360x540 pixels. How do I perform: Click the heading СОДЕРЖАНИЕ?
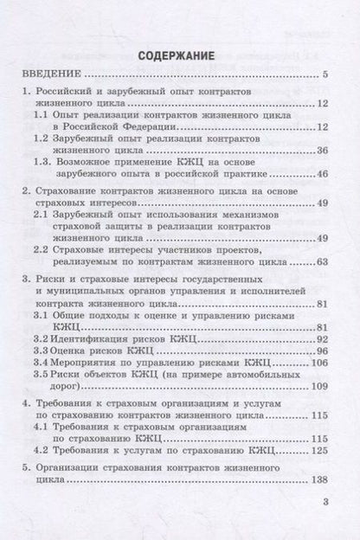pos(179,57)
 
